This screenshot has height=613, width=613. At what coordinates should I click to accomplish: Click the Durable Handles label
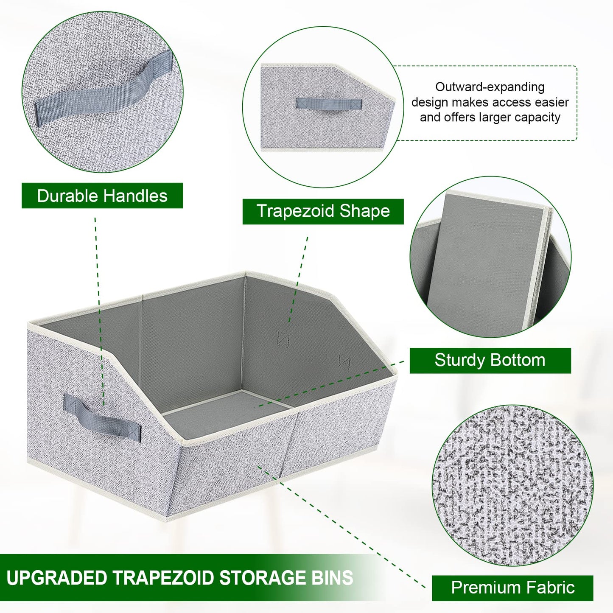(x=102, y=196)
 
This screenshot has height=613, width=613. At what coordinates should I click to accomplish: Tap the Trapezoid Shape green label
(x=323, y=211)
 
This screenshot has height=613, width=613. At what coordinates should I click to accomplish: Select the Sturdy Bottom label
(x=490, y=360)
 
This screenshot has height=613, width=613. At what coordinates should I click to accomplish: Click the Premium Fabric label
(x=512, y=588)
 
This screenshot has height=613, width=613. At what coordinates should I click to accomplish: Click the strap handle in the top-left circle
(x=104, y=89)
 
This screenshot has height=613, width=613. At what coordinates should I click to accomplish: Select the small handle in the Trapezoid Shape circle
(x=329, y=104)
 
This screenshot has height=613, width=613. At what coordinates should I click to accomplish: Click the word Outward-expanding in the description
(x=490, y=87)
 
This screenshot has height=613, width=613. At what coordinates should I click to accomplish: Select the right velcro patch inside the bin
(x=344, y=362)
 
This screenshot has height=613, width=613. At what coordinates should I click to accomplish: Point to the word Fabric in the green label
(x=550, y=588)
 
